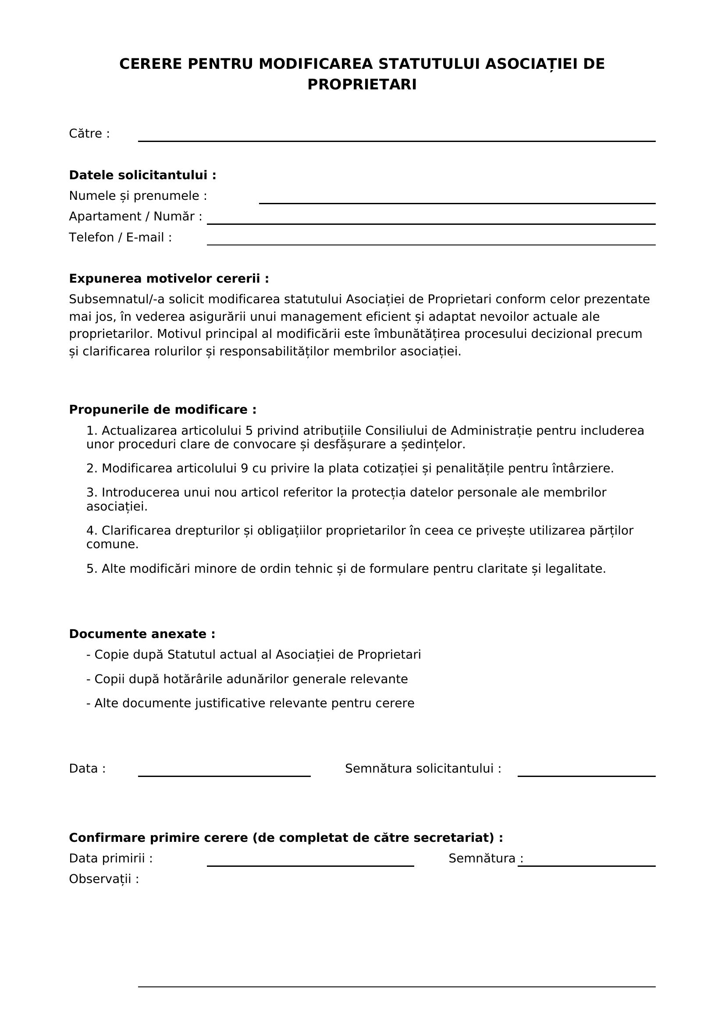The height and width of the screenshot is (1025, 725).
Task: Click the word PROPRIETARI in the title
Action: click(362, 85)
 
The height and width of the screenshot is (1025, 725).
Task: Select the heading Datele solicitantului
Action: click(142, 175)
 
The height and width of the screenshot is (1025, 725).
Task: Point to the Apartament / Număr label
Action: click(135, 216)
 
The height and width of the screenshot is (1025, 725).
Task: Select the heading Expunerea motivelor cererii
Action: click(169, 279)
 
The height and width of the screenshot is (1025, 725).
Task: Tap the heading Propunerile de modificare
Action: click(163, 409)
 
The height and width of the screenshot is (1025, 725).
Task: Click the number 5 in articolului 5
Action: click(249, 431)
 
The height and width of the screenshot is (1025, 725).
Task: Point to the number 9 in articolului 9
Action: click(244, 468)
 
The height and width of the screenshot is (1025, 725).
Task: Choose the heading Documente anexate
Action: click(142, 634)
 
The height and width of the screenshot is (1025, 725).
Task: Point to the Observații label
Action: click(103, 879)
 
